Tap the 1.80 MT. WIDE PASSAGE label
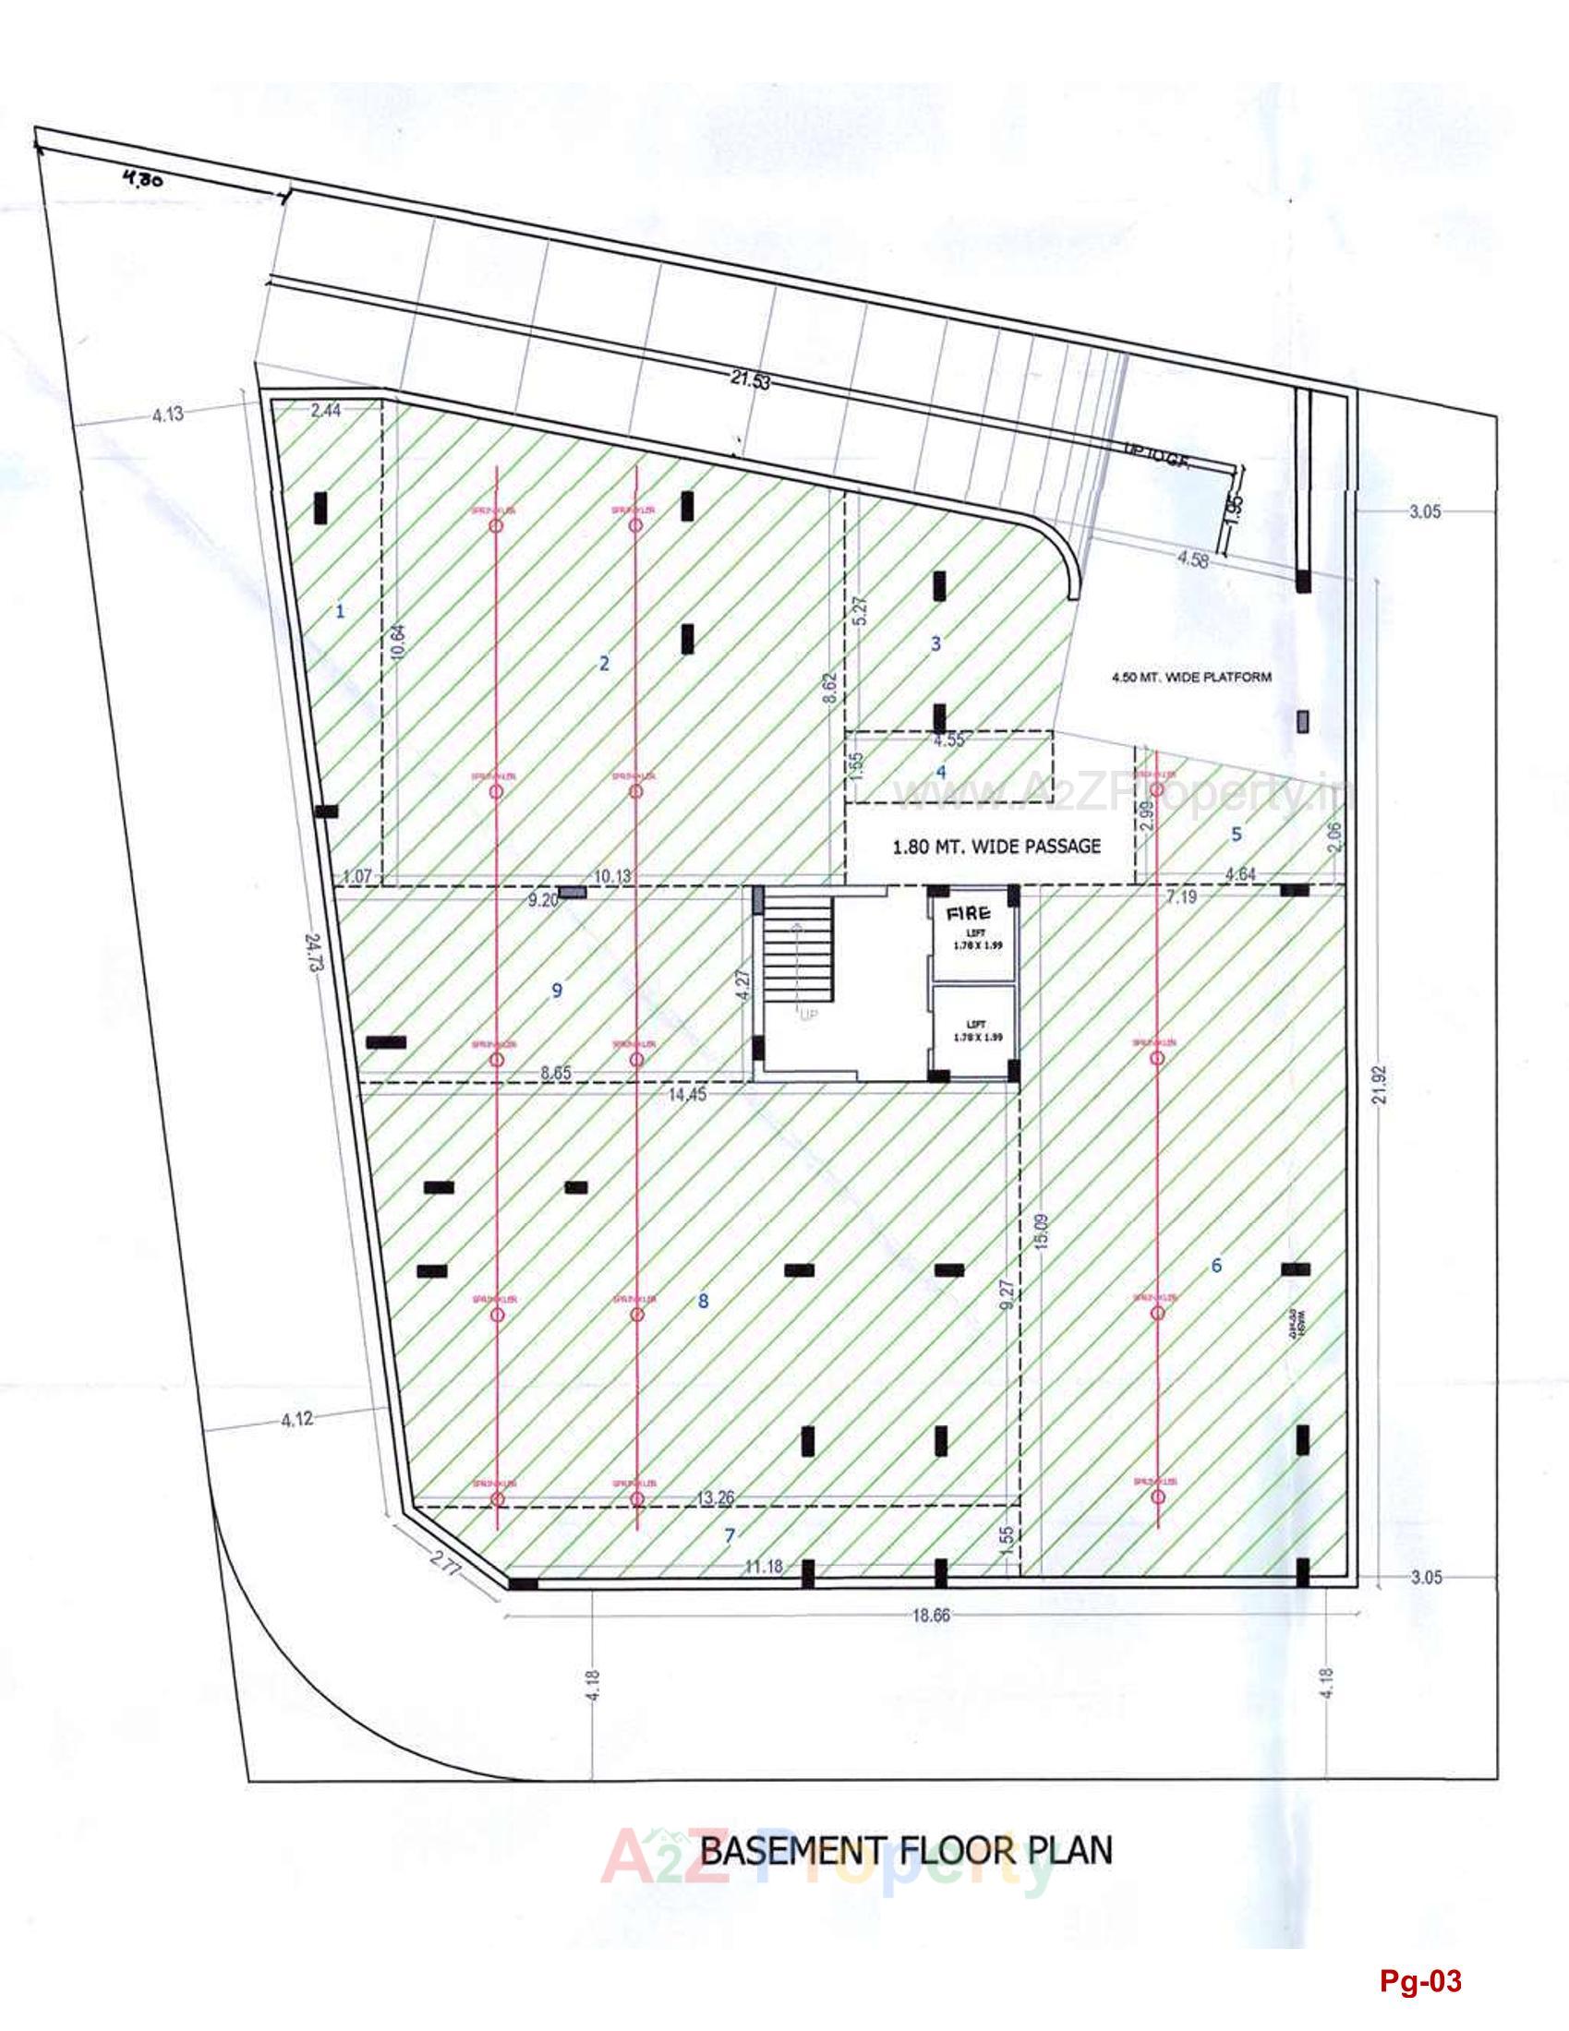pos(996,846)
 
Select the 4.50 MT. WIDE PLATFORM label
pos(1190,677)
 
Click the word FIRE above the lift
pos(969,913)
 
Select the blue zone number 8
pos(703,1301)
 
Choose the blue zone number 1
pos(341,611)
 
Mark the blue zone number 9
pos(557,991)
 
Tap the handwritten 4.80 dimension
pos(141,179)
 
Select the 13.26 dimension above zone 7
pos(714,1496)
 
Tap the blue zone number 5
pos(1236,834)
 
